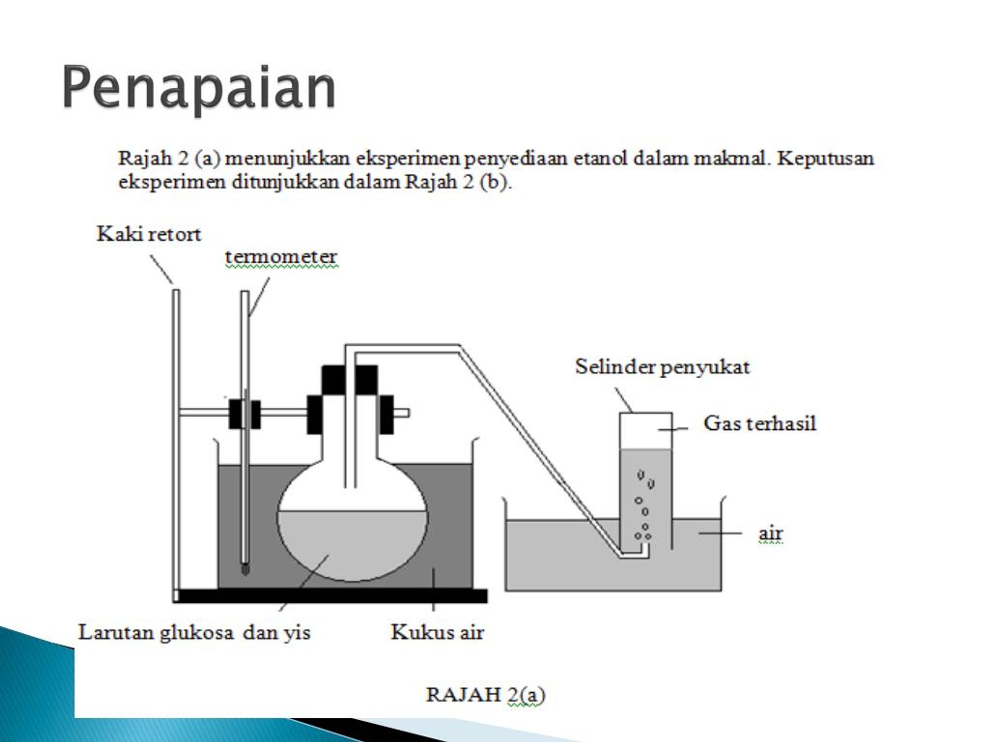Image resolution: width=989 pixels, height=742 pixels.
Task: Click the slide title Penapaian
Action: [x=199, y=88]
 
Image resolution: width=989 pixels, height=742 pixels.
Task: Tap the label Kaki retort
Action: [x=149, y=234]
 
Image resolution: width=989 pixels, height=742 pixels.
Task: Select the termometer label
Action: [x=281, y=257]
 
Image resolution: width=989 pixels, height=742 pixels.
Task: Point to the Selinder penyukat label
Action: [x=662, y=367]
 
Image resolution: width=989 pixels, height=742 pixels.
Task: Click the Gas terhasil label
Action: [x=760, y=423]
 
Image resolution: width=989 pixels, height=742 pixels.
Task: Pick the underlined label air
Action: [x=771, y=533]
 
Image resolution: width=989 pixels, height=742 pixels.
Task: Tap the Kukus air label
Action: [x=437, y=632]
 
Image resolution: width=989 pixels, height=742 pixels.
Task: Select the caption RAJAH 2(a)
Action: [x=486, y=695]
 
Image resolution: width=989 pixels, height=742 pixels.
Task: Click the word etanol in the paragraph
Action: [x=600, y=158]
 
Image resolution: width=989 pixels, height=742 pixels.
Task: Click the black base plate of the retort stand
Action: [x=331, y=596]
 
